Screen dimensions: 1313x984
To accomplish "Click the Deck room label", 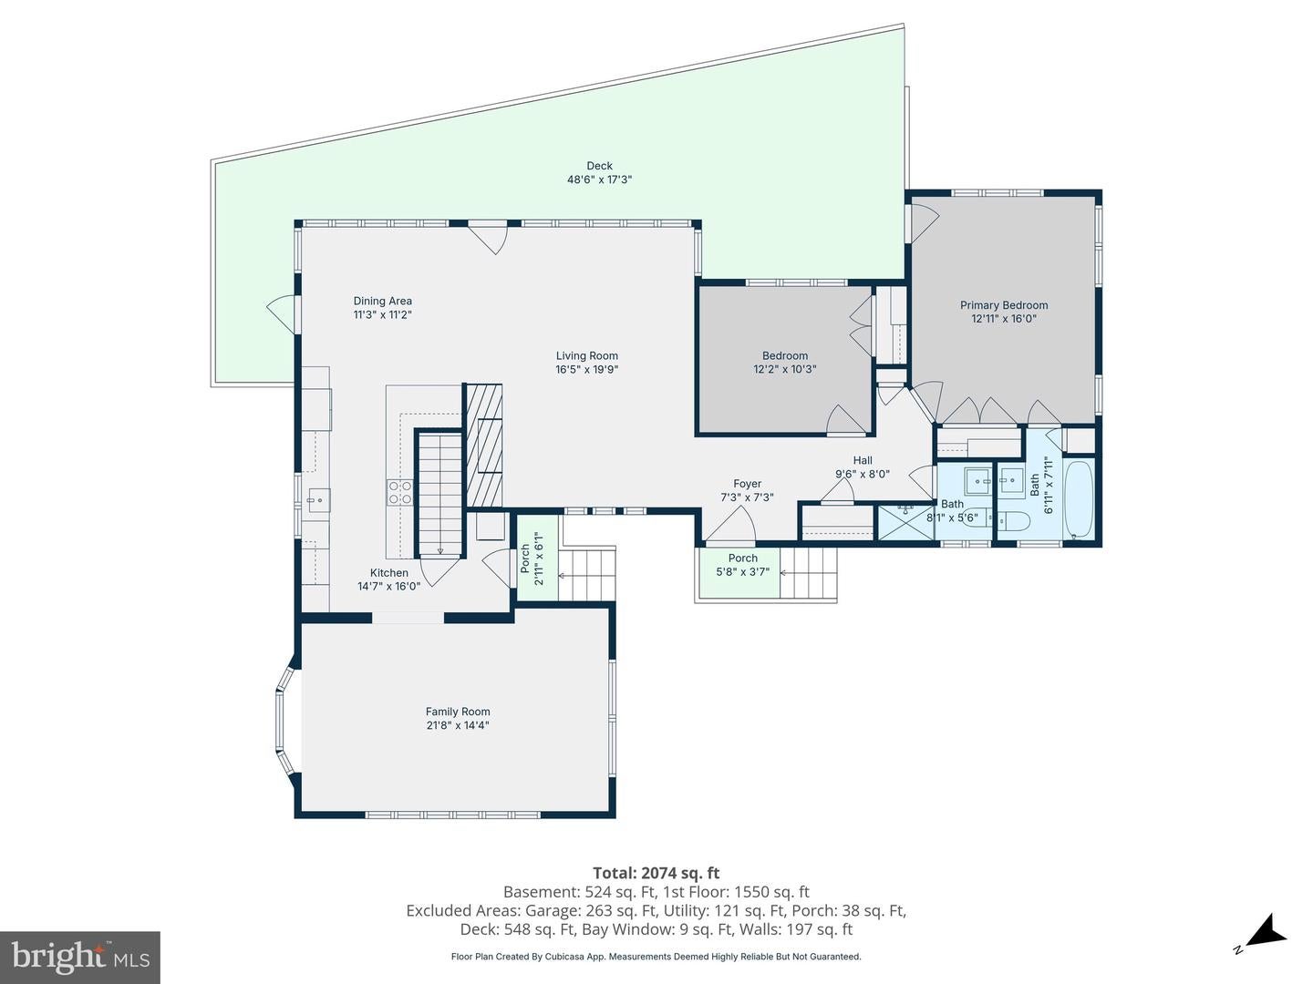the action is pyautogui.click(x=599, y=166).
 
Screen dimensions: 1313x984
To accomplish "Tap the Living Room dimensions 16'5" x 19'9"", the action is pyautogui.click(x=586, y=369).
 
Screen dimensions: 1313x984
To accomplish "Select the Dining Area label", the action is pyautogui.click(x=382, y=301).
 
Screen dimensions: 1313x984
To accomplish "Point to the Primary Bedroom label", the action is pyautogui.click(x=1004, y=305).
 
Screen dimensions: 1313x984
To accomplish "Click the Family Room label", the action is pyautogui.click(x=458, y=712).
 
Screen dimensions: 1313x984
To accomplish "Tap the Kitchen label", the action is pyautogui.click(x=388, y=573).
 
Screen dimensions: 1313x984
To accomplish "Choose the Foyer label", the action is pyautogui.click(x=747, y=484).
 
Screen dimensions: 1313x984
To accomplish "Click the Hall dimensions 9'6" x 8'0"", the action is pyautogui.click(x=862, y=475).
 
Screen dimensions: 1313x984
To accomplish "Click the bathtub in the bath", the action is pyautogui.click(x=1079, y=500).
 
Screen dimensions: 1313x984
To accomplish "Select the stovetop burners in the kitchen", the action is pyautogui.click(x=400, y=492).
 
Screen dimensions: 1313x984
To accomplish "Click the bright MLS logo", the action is pyautogui.click(x=79, y=957).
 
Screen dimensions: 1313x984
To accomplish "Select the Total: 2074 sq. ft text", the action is pyautogui.click(x=656, y=873).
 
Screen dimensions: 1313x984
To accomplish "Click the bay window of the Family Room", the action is pyautogui.click(x=286, y=721).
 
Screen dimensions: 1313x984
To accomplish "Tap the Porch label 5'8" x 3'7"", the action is pyautogui.click(x=742, y=565).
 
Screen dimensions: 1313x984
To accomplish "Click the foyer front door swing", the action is pyautogui.click(x=731, y=524).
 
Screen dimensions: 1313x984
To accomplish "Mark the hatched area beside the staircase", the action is pyautogui.click(x=484, y=446).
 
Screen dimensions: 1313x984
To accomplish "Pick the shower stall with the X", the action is pyautogui.click(x=905, y=522).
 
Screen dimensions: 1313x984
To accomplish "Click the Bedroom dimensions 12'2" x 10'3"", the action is pyautogui.click(x=784, y=369).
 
